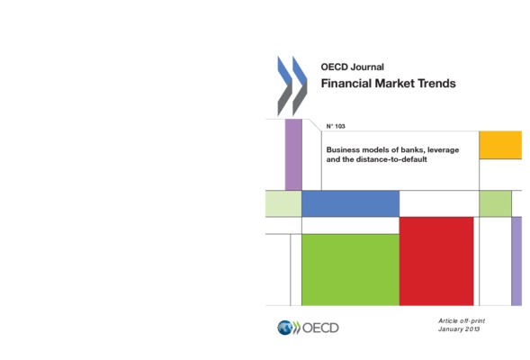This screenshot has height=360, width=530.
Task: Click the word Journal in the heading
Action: pyautogui.click(x=367, y=67)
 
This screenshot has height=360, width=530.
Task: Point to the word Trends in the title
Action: pyautogui.click(x=436, y=83)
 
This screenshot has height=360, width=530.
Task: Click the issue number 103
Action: pyautogui.click(x=340, y=126)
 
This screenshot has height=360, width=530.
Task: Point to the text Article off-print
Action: pyautogui.click(x=462, y=320)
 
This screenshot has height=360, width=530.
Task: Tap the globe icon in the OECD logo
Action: pyautogui.click(x=284, y=328)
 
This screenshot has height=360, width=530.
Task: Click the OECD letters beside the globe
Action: pyautogui.click(x=320, y=328)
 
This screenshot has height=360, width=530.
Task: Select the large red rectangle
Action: pyautogui.click(x=436, y=261)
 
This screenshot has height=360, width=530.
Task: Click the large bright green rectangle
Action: pyautogui.click(x=350, y=270)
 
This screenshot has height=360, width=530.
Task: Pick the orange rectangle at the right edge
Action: pyautogui.click(x=500, y=145)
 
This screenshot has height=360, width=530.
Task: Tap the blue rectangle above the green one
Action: pyautogui.click(x=350, y=203)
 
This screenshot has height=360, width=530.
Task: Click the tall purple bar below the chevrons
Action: pyautogui.click(x=293, y=155)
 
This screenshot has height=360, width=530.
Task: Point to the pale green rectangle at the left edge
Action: pyautogui.click(x=283, y=203)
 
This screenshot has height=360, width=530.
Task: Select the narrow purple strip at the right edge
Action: pyautogui.click(x=517, y=261)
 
